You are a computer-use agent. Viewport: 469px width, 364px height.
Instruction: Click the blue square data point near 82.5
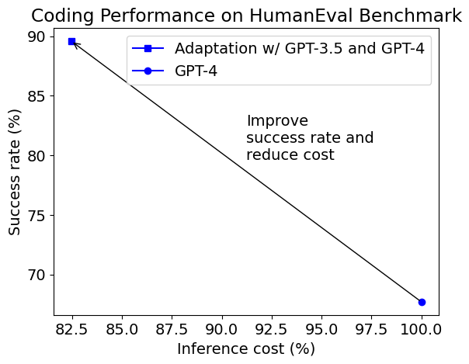pos(71,41)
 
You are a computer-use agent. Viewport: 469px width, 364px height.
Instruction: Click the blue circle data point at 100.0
pos(422,302)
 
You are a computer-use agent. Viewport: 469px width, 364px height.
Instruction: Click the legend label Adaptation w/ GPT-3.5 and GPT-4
pos(299,48)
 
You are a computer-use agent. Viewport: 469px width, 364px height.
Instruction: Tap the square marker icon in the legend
pos(148,48)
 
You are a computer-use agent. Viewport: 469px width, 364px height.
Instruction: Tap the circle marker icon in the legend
pos(148,71)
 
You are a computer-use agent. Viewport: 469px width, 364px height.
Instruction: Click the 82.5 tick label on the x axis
pos(71,328)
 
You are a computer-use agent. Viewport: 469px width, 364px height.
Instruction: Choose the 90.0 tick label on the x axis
pos(222,328)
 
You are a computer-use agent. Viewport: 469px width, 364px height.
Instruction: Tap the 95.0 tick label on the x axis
pos(321,328)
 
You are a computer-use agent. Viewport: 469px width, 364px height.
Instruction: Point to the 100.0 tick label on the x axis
pos(422,328)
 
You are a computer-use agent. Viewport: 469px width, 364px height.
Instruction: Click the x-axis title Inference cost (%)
pos(246,349)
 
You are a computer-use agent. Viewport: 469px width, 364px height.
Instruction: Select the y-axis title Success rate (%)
pos(16,172)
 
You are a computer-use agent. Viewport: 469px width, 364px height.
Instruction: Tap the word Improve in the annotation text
pos(277,121)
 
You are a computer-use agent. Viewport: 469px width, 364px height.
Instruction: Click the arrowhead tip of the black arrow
pos(74,43)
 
